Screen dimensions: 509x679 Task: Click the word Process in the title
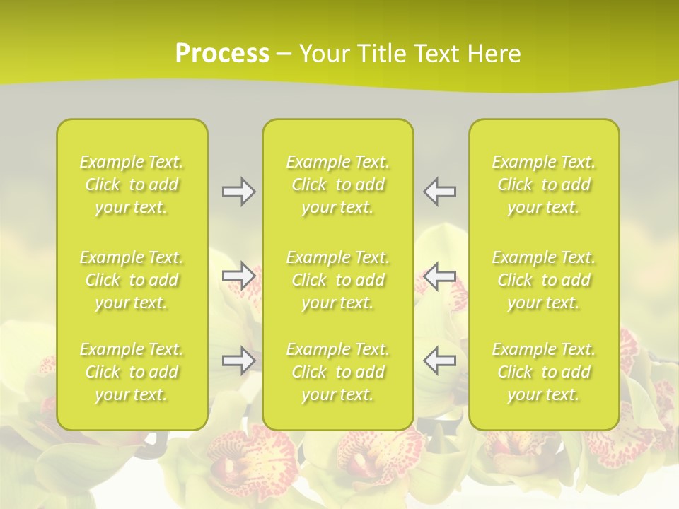click(222, 54)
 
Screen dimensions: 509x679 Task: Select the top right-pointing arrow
click(239, 191)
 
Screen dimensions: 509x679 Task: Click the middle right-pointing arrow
click(239, 276)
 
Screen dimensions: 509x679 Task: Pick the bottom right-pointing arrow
click(239, 361)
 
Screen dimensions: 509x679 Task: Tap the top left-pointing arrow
click(439, 191)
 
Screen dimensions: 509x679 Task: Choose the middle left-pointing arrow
click(439, 276)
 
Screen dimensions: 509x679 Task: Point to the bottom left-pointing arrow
click(439, 361)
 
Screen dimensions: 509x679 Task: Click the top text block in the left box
click(132, 185)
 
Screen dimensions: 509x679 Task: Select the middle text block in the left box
click(132, 280)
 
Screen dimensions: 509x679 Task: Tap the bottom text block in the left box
click(132, 372)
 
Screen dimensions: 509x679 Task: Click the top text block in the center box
click(338, 185)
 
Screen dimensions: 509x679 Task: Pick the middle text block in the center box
click(338, 280)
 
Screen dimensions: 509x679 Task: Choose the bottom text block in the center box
click(338, 372)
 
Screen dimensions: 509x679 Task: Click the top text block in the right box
click(544, 185)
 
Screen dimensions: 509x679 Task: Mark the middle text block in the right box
click(544, 280)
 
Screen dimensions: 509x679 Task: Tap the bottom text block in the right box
click(544, 372)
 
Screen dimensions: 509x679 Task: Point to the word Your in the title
click(323, 54)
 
